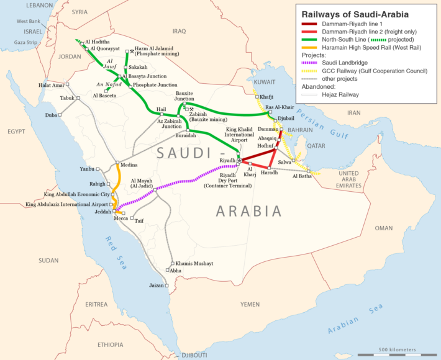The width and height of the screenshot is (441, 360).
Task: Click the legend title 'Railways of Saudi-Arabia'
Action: [x=351, y=13]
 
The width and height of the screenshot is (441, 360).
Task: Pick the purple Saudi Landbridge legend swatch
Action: [x=306, y=63]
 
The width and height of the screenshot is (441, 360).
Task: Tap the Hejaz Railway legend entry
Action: [x=340, y=95]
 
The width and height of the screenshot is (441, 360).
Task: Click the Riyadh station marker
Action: [x=238, y=161]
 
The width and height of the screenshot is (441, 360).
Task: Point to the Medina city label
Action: [x=129, y=165]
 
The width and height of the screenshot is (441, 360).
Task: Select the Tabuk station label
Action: [x=66, y=98]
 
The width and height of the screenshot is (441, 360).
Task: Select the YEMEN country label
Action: [x=250, y=305]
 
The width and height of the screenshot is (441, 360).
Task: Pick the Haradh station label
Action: [x=270, y=172]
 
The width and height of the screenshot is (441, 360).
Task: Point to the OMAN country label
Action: [x=383, y=228]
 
